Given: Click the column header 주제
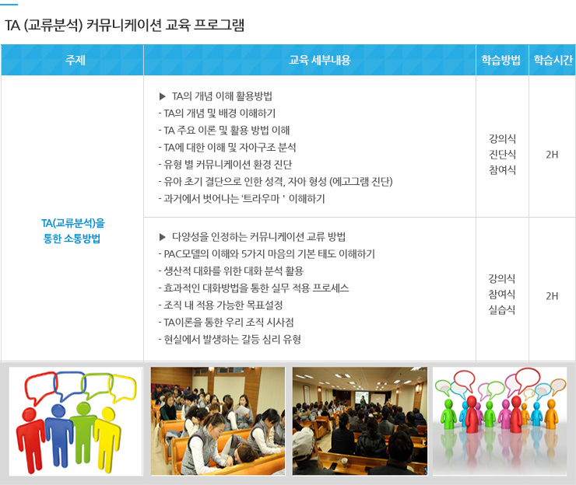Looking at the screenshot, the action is point(76,60).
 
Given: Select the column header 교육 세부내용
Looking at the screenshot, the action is point(320,60).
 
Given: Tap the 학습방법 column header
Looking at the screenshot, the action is point(501,60).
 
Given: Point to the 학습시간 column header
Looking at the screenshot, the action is point(553,60).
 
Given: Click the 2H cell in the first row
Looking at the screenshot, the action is point(552,155).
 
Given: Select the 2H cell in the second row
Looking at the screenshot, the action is point(552,295).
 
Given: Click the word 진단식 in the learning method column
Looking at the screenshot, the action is point(502,155).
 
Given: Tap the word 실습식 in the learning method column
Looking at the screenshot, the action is point(502,310).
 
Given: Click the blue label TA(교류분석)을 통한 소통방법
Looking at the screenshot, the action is point(72,231).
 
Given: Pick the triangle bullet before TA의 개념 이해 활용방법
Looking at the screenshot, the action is point(163,96).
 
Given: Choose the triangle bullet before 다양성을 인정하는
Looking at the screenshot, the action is point(163,237).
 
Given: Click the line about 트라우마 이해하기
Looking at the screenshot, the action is point(242,199).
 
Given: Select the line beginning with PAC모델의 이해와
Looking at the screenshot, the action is point(267,254).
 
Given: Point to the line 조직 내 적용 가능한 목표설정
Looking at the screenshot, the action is point(220,305).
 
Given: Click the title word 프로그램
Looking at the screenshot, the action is point(219,25).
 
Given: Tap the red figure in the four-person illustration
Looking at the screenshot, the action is point(31,439).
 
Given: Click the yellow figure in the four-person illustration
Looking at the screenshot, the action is point(107,439).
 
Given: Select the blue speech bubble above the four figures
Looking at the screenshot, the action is point(70,386).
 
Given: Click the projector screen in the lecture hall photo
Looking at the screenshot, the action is point(362,398).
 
